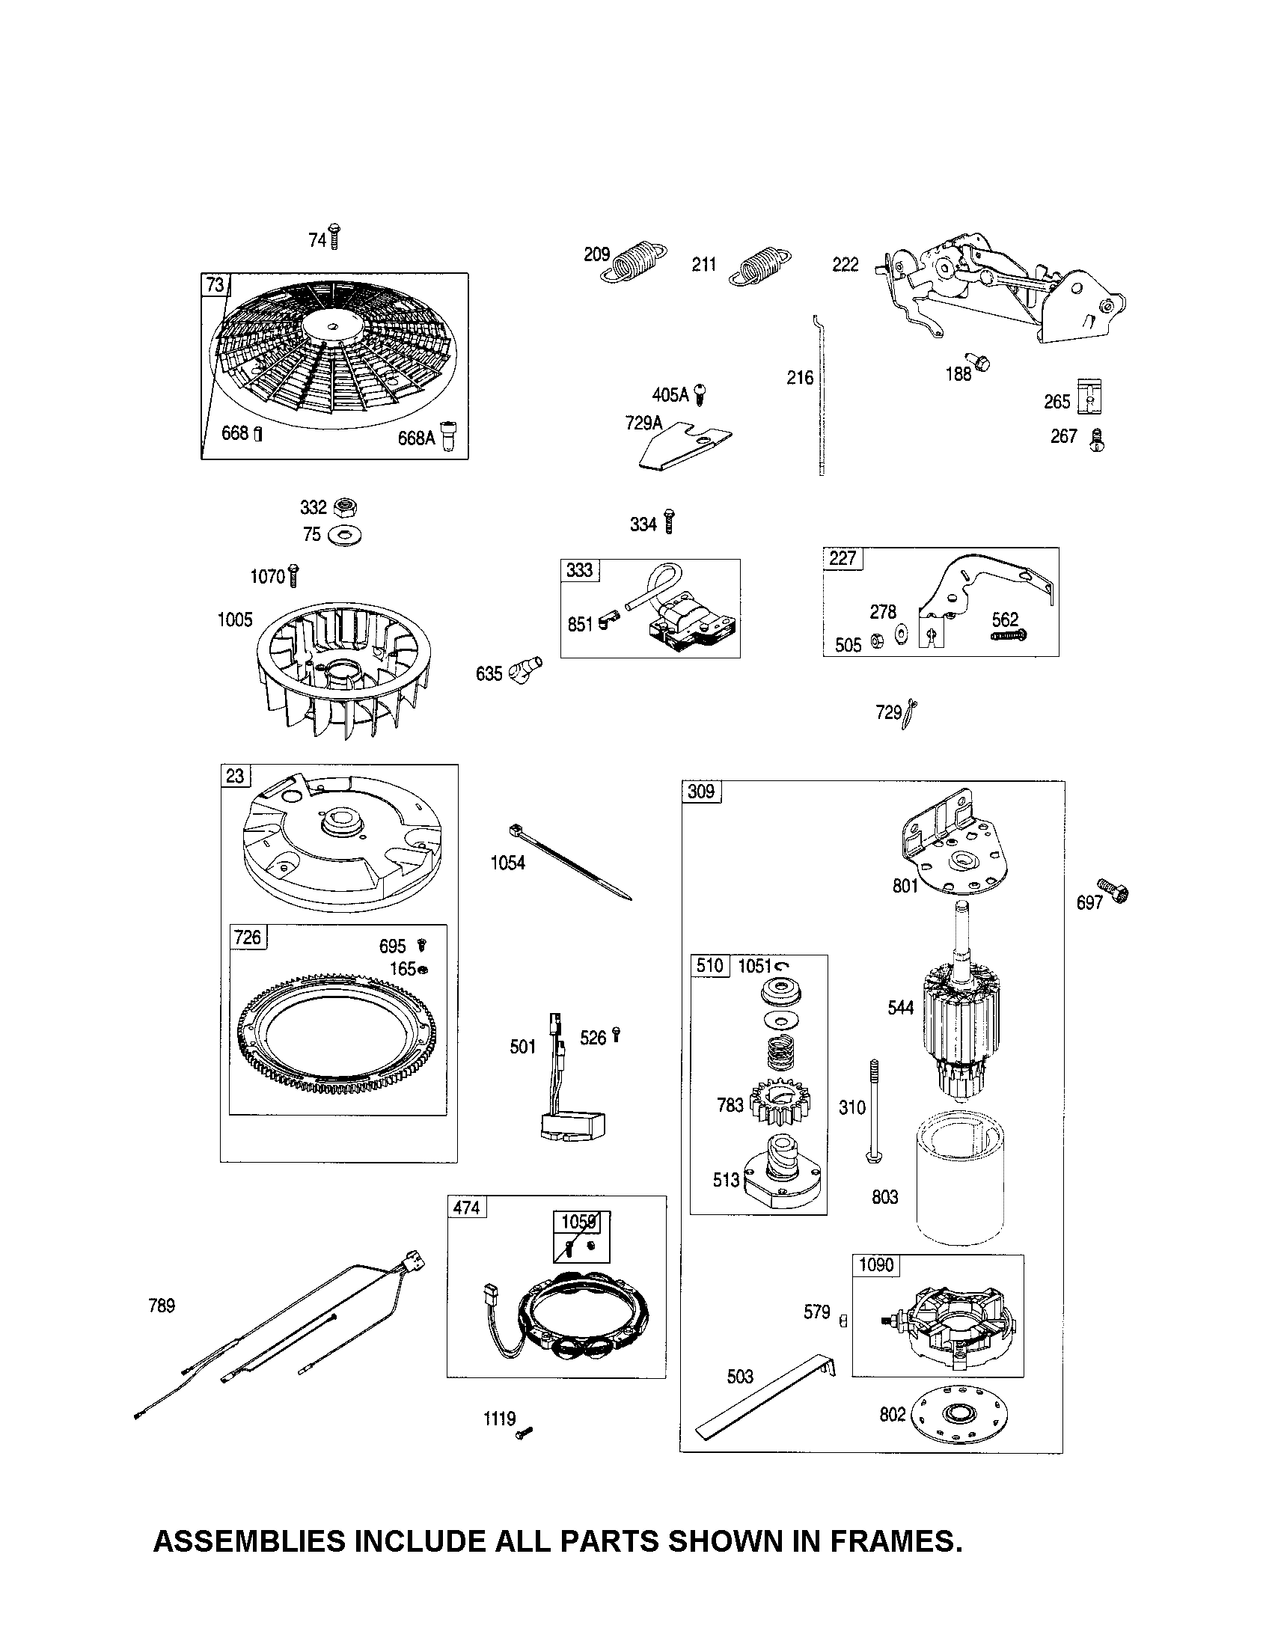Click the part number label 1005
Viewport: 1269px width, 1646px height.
(x=235, y=619)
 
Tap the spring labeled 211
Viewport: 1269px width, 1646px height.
(x=761, y=267)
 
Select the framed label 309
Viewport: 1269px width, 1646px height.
(x=701, y=792)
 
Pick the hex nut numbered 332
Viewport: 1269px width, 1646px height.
(x=346, y=507)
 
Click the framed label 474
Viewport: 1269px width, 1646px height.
(x=466, y=1208)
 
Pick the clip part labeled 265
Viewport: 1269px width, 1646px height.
(x=1090, y=396)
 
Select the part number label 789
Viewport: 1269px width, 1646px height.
(x=162, y=1306)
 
